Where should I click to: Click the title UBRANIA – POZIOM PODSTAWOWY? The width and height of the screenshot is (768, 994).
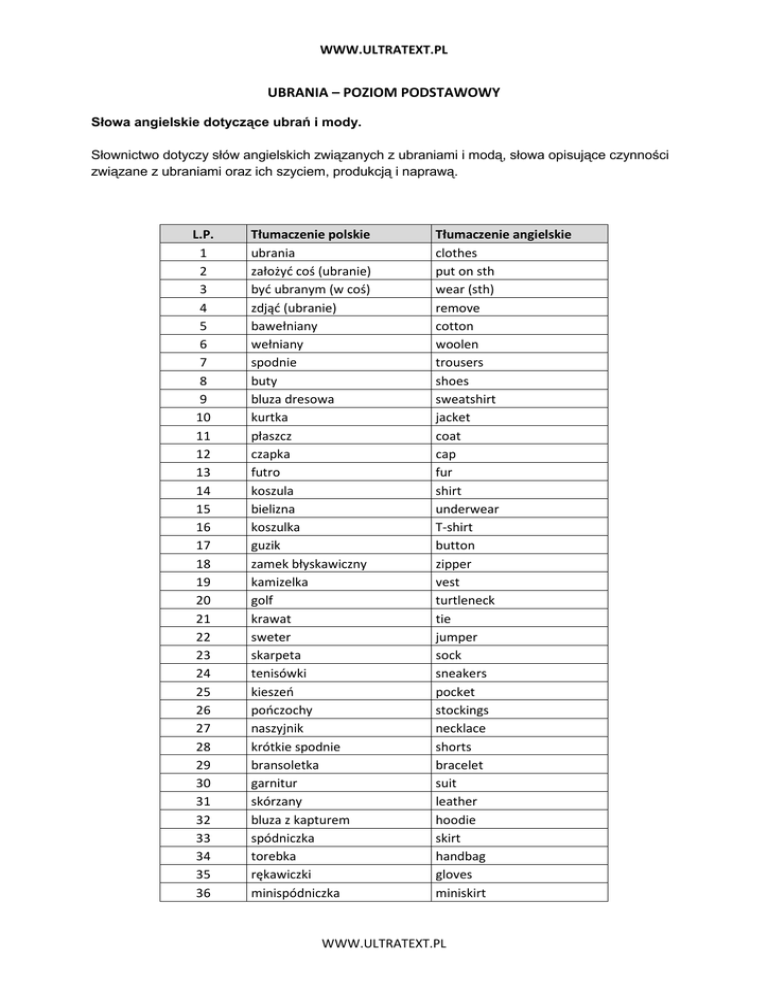coord(384,92)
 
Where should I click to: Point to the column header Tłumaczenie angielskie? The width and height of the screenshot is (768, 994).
coord(502,235)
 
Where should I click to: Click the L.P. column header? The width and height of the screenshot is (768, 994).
coord(203,235)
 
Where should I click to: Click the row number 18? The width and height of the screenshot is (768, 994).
coord(203,564)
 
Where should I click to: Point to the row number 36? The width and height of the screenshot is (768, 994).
coord(203,892)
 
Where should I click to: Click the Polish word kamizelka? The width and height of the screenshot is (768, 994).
coord(285,582)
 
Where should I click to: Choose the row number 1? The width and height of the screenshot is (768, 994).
coord(203,253)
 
